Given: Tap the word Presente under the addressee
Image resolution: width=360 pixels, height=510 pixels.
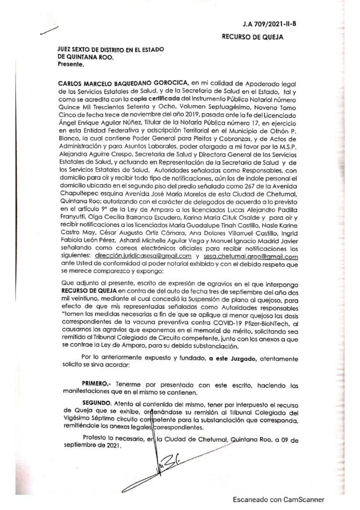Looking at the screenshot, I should click(71, 64).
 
